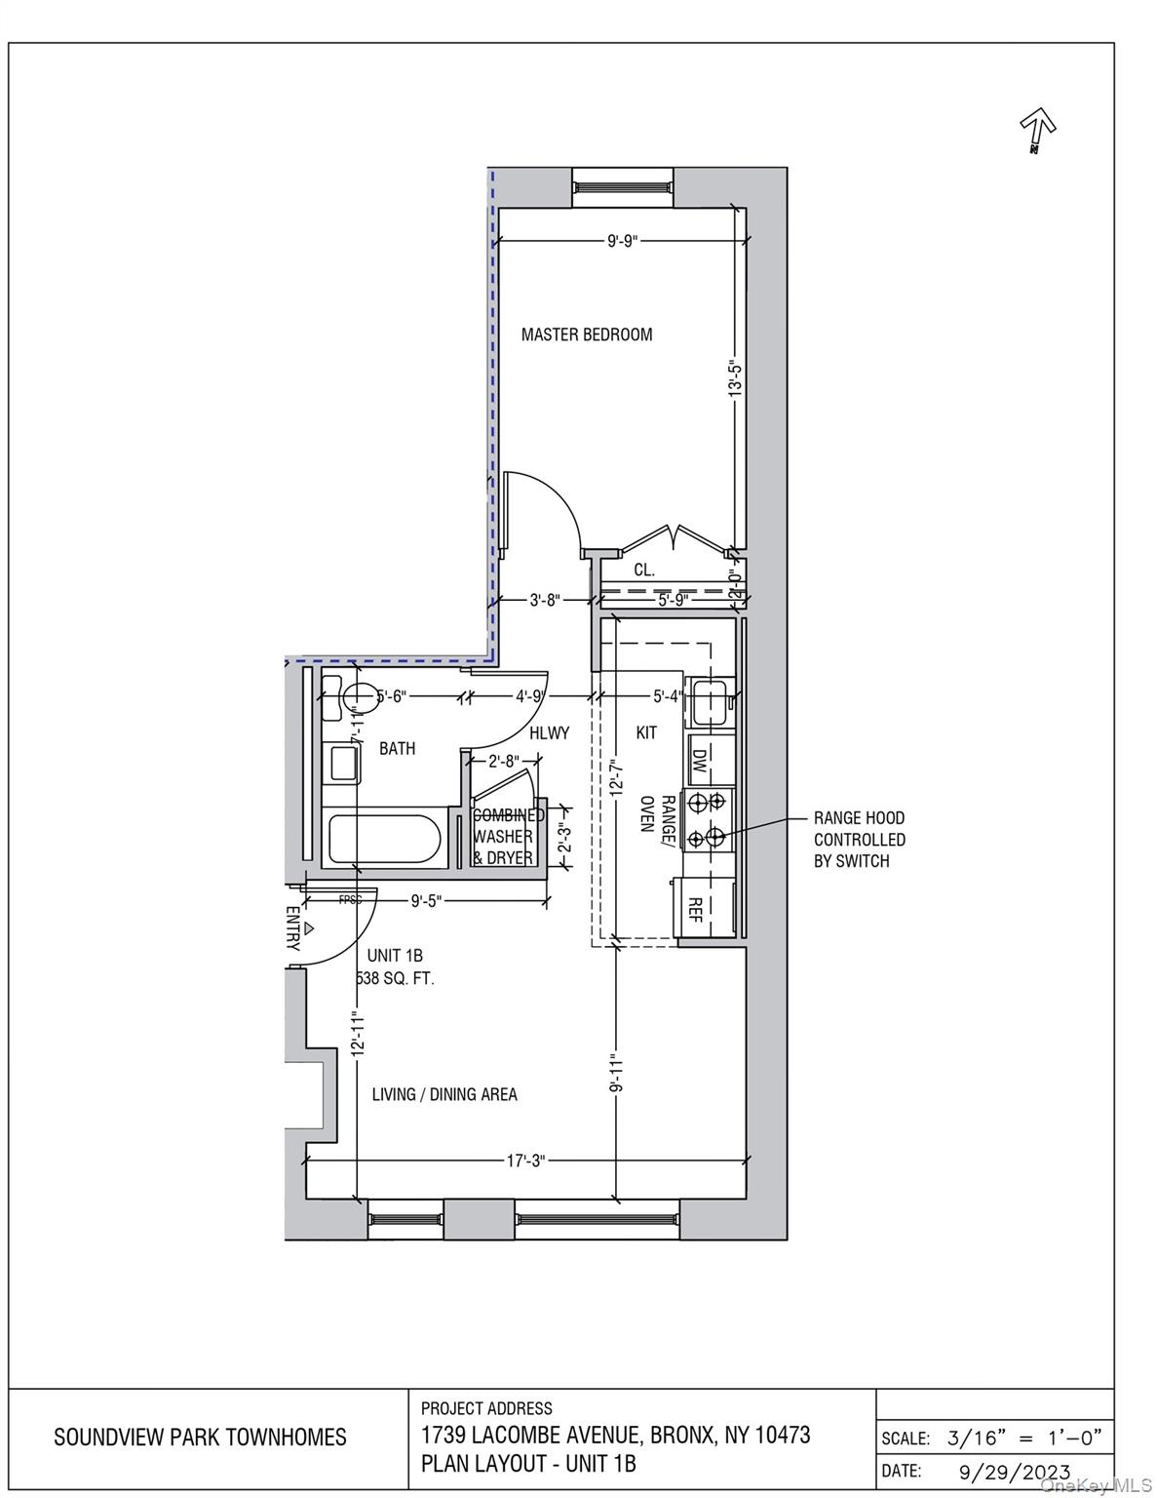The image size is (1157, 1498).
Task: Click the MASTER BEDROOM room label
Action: pos(586,335)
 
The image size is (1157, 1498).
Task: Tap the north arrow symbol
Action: pos(1038,129)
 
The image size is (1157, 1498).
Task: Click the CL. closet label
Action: pos(644,570)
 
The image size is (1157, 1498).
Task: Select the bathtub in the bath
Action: pos(383,839)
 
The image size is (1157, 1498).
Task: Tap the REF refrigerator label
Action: pos(695,909)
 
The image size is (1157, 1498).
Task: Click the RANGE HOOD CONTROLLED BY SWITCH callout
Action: pos(859,840)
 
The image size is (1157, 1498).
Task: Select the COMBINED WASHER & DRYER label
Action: pos(505,837)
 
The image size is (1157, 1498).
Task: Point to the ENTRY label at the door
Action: pos(292,927)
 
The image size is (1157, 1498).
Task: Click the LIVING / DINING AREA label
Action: pos(444,1094)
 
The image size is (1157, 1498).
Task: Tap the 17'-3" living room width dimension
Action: pos(526,1161)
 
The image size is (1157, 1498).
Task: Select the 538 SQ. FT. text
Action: pos(396,978)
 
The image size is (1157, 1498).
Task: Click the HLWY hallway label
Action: pos(549,732)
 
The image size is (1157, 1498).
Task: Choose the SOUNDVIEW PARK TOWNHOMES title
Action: pos(200,1437)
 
